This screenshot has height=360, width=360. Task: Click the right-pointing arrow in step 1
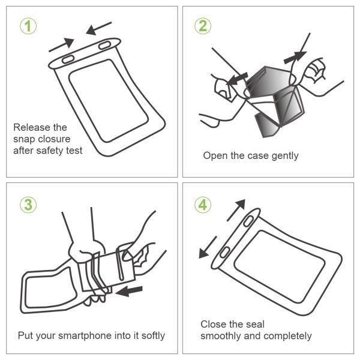(x=62, y=43)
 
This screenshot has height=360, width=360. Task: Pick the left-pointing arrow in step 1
(x=98, y=28)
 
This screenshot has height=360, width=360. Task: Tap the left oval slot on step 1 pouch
(x=68, y=58)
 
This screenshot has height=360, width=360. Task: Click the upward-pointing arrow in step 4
(x=237, y=210)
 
